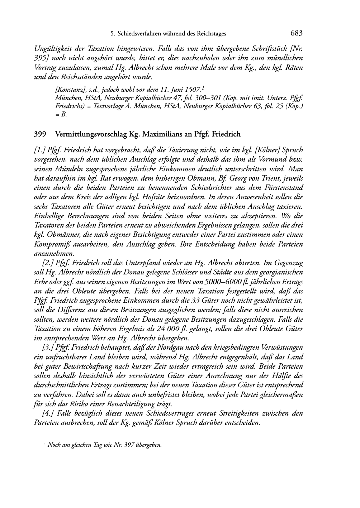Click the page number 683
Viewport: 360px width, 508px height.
(297, 33)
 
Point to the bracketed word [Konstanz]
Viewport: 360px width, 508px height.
(68, 88)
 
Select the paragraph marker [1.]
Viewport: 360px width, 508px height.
(39, 150)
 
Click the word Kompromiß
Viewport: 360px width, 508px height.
(50, 244)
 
